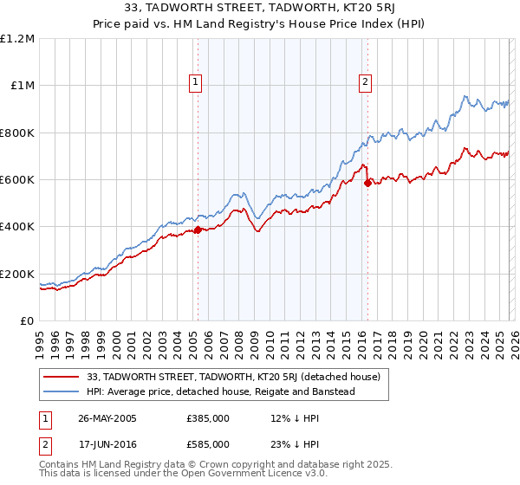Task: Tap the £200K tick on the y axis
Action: tap(18, 274)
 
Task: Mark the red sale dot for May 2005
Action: tap(198, 230)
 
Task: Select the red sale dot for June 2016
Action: tap(367, 183)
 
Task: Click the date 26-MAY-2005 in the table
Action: tap(107, 417)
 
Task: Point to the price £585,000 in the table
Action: tap(208, 443)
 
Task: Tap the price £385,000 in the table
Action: tap(208, 417)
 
